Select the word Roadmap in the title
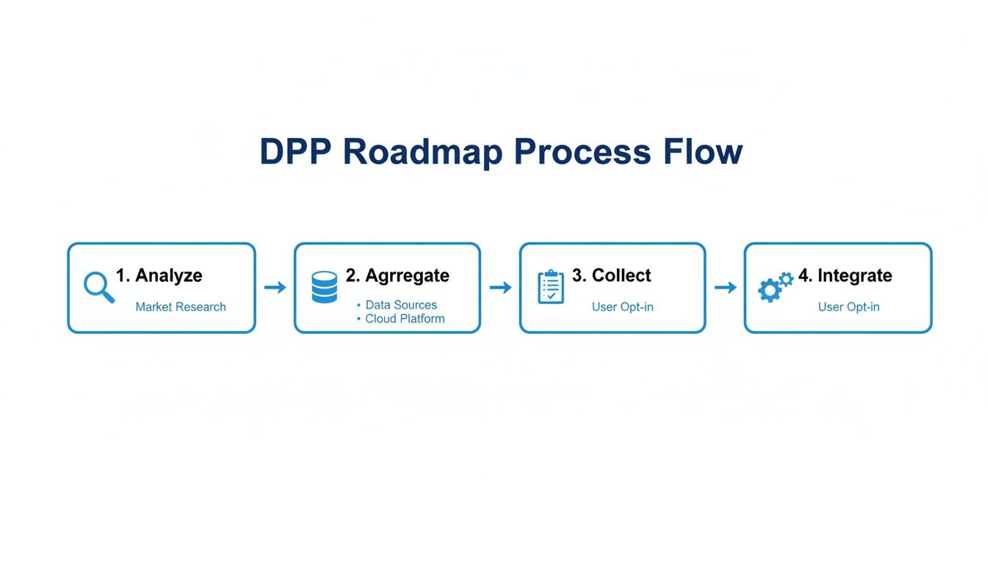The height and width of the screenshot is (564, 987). [422, 152]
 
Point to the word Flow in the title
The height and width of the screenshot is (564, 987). [703, 152]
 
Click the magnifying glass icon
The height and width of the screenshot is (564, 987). [98, 287]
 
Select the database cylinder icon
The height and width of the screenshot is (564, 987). [325, 287]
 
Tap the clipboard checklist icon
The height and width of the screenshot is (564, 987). [551, 287]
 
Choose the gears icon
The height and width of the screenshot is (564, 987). [775, 287]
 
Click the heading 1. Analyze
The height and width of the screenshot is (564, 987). [159, 275]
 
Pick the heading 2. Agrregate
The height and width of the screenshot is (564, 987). [397, 275]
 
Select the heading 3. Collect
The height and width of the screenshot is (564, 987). [611, 275]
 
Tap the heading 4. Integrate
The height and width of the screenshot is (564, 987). [845, 275]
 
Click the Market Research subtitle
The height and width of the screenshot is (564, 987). [181, 307]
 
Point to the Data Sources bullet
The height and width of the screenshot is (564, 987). [401, 305]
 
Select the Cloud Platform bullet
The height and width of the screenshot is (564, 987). [405, 319]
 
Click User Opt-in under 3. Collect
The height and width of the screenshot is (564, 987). [622, 307]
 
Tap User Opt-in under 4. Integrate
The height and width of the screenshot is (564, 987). [848, 307]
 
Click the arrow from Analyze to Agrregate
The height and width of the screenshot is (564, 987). [275, 288]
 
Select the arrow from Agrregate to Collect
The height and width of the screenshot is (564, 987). [500, 288]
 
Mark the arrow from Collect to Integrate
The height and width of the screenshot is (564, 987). [725, 288]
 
